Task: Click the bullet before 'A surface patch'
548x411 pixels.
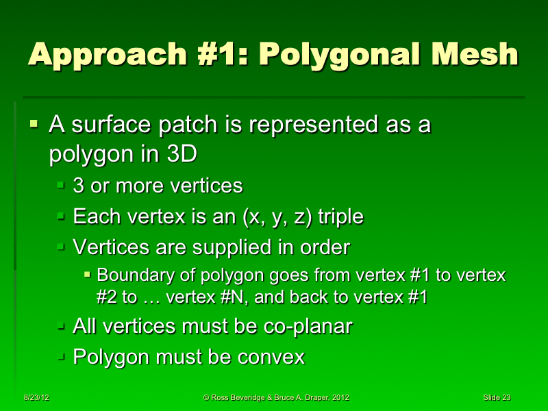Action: [34, 125]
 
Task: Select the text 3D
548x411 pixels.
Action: [179, 154]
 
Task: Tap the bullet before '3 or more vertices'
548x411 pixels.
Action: [61, 185]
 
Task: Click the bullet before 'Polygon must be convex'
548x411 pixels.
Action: [61, 357]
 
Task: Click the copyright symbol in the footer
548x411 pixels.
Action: [207, 398]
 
